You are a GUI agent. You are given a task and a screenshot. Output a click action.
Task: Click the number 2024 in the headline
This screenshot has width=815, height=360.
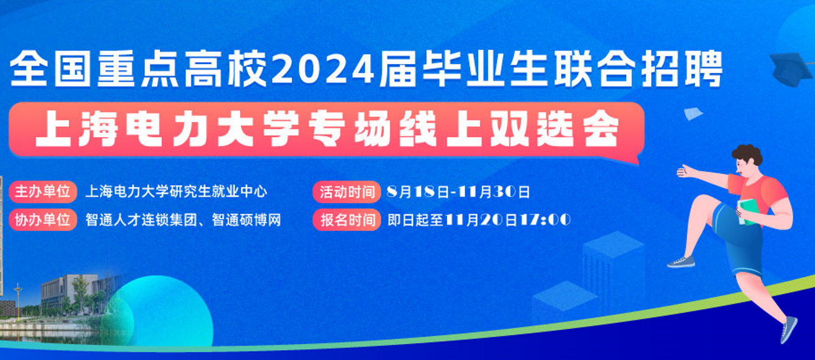[x=323, y=69]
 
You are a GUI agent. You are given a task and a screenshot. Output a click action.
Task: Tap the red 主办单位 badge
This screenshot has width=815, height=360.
[x=43, y=191]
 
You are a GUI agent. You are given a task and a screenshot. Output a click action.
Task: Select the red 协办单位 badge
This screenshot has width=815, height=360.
[x=43, y=219]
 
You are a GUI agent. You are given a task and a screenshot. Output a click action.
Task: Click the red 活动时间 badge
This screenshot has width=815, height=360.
[x=347, y=192]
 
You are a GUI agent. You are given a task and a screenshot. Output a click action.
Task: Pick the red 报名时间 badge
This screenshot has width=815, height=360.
[x=347, y=220]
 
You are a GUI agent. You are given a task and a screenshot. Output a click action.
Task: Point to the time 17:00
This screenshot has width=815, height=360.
[x=545, y=219]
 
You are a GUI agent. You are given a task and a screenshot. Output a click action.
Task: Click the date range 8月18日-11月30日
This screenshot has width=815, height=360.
[x=459, y=192]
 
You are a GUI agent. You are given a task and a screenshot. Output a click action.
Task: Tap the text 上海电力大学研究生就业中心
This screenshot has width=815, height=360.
[x=177, y=191]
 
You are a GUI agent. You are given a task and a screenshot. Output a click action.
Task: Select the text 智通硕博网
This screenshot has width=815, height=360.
[x=246, y=219]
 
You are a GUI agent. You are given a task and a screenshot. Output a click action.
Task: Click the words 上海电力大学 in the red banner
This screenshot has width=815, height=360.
[x=167, y=129]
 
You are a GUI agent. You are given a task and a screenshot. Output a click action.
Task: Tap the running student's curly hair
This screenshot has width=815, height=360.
[x=747, y=155]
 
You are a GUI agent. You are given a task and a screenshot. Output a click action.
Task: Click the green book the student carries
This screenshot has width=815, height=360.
[x=747, y=211]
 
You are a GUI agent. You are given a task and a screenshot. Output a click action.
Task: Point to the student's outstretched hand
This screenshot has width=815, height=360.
[x=686, y=171]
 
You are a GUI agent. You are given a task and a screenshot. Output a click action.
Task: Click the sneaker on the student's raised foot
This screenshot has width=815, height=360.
[x=681, y=262]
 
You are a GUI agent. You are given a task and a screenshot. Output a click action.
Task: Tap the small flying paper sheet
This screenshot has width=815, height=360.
[x=693, y=113]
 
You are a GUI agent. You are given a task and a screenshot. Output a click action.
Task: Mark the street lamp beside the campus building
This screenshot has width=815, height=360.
[x=18, y=302]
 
